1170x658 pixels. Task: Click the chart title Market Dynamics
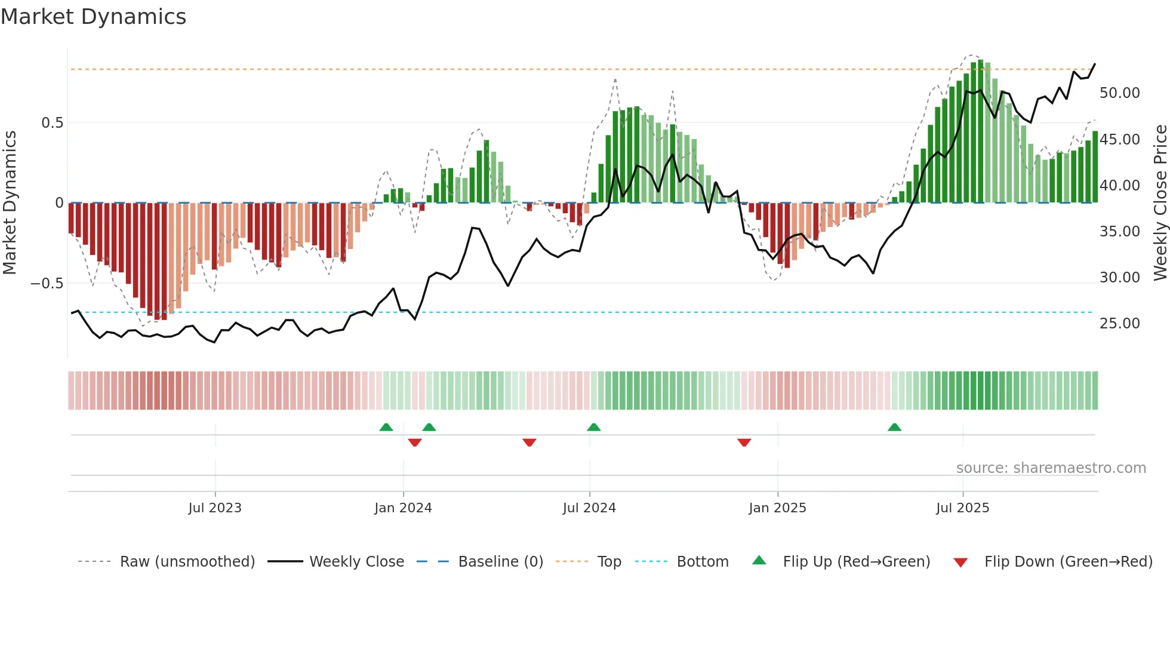[94, 17]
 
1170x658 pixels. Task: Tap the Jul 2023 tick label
[215, 508]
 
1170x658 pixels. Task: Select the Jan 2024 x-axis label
[403, 508]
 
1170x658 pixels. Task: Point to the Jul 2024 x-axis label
[589, 508]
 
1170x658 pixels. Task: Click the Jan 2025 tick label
[777, 508]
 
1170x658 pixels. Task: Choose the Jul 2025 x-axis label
[962, 508]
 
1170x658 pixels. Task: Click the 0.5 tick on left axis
[52, 123]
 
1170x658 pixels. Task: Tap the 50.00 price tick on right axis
[1119, 93]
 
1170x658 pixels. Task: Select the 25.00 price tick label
[1119, 324]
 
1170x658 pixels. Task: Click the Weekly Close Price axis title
[1160, 203]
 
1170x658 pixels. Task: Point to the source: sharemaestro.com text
[1051, 468]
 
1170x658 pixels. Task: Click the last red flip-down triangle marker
[744, 442]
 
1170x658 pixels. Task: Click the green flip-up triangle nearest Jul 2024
[593, 428]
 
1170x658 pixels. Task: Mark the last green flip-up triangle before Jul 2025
[894, 428]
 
